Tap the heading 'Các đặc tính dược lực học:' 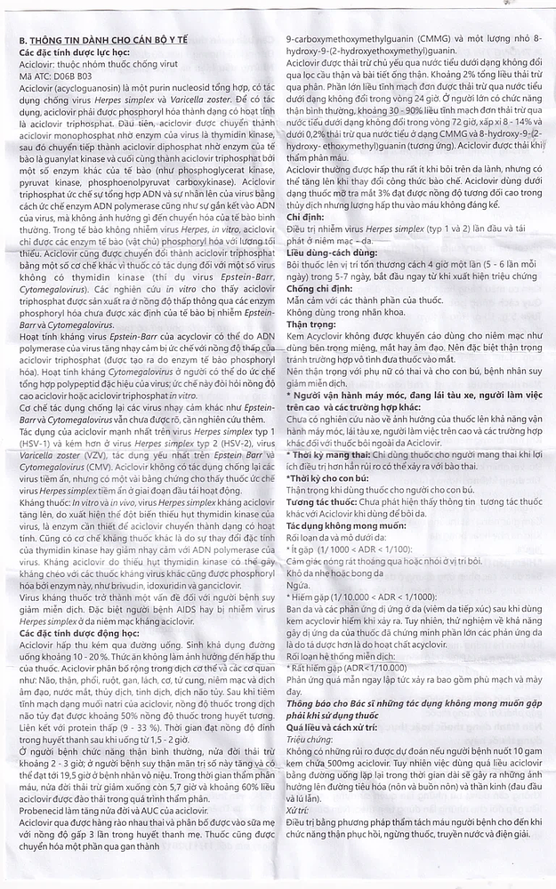(x=75, y=53)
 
